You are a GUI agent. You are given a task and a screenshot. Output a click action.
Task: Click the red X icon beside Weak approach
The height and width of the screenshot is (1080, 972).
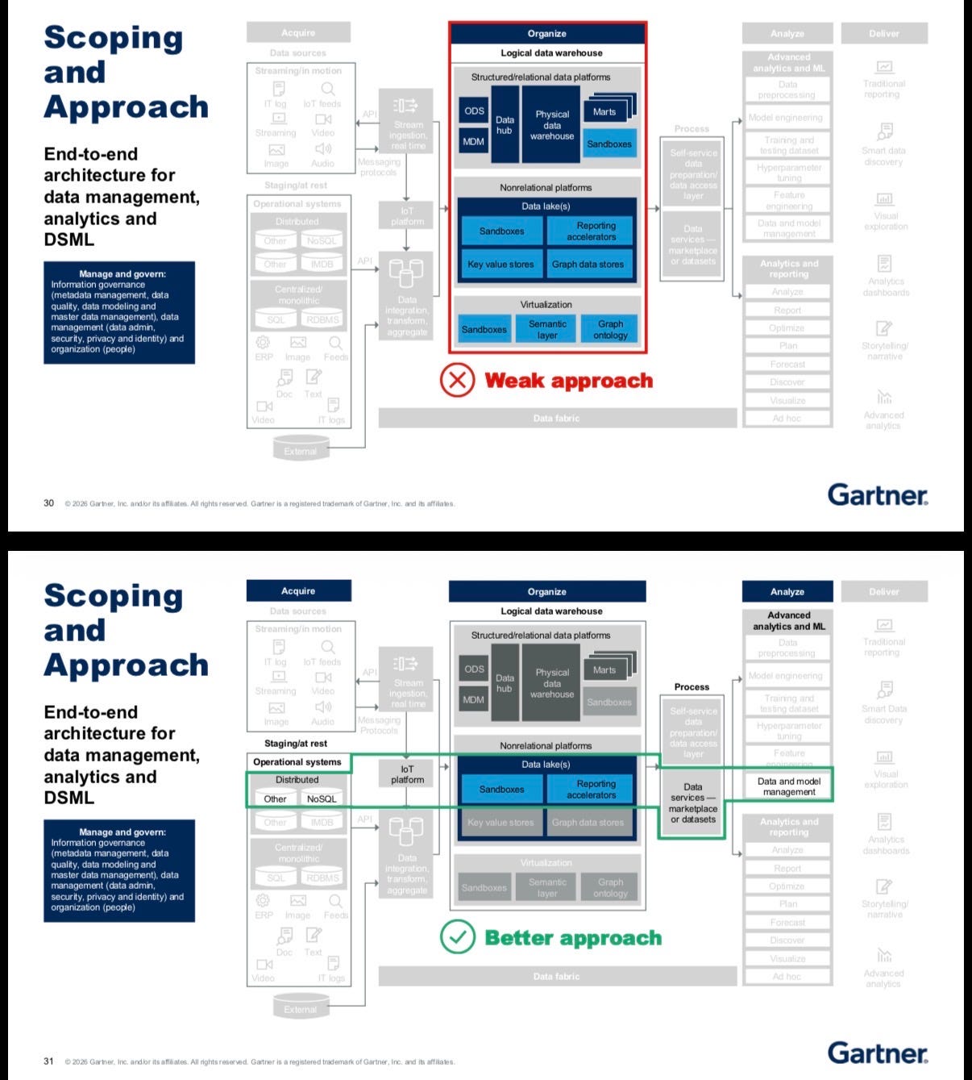457,380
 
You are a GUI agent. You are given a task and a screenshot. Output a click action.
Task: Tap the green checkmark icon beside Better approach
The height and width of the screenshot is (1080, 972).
457,937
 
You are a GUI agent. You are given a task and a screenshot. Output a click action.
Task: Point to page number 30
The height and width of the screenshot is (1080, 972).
48,503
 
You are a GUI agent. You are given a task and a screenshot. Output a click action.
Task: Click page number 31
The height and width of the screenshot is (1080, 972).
48,1061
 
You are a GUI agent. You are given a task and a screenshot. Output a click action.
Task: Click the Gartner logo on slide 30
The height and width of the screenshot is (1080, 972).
877,494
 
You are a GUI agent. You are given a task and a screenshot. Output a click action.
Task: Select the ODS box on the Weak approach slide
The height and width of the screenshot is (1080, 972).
474,111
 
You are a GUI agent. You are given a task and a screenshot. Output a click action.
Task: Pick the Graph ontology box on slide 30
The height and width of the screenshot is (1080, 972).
610,329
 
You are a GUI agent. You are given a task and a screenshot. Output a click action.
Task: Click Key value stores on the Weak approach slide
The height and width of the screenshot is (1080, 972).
501,265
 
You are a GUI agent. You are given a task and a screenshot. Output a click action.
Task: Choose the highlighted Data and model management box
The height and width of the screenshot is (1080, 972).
788,786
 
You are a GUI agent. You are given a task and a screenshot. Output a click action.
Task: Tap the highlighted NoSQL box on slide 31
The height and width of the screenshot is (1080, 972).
322,799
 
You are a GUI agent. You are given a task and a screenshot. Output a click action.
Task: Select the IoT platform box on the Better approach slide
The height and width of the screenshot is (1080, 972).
407,774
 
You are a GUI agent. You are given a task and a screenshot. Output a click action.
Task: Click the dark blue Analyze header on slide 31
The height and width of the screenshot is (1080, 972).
787,592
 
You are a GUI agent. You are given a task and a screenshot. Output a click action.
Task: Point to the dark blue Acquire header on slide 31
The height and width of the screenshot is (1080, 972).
298,591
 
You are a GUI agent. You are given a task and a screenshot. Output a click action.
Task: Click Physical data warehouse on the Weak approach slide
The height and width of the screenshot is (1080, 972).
552,125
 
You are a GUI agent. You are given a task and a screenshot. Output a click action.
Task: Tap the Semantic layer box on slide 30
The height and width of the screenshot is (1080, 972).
547,329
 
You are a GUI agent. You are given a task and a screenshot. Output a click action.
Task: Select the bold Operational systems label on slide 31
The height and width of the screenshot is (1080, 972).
297,762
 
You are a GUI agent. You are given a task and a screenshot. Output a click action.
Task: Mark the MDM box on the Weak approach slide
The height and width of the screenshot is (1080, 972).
473,142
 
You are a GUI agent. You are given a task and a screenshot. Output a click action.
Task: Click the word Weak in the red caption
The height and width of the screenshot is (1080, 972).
515,381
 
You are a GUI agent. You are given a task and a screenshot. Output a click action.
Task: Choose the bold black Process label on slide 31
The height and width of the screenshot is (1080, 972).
692,687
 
